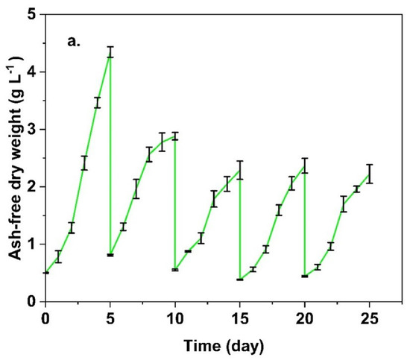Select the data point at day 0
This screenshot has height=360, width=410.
tap(45, 273)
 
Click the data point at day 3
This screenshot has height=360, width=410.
tap(84, 162)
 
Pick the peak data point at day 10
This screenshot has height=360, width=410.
tap(175, 136)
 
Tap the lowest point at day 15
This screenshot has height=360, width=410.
tap(240, 280)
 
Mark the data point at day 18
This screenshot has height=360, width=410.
tap(279, 209)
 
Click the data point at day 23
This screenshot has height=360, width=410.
tap(344, 204)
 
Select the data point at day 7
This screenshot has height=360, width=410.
tap(136, 189)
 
